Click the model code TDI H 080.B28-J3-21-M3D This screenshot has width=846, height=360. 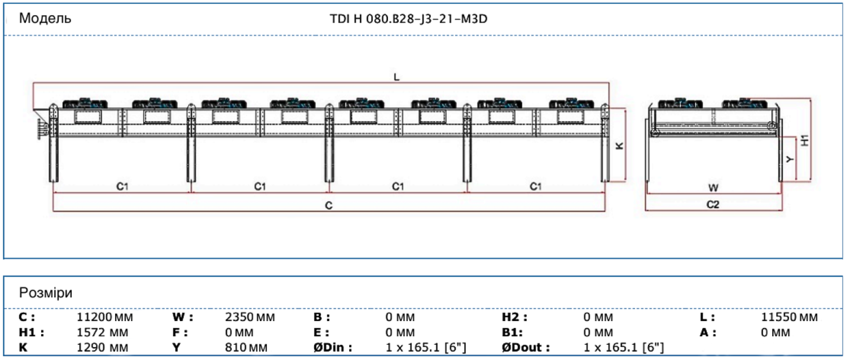coord(408,18)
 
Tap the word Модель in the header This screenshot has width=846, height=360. coord(45,18)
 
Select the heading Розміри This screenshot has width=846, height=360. coord(46,293)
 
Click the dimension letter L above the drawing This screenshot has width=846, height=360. coord(396,78)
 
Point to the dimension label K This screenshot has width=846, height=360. coord(619,146)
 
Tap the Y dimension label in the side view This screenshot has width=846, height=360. coord(790,159)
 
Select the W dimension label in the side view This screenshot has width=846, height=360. coord(713,187)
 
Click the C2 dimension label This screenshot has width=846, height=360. coord(713,205)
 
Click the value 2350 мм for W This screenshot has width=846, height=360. coord(250,318)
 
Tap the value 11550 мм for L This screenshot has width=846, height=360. coord(789,318)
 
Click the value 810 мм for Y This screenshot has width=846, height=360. coord(246,347)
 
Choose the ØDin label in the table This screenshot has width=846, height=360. coord(332,347)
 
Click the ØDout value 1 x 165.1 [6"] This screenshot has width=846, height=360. coord(623,347)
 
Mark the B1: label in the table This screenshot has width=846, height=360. coord(513,332)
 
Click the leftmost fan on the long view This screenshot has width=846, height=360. coord(85,103)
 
